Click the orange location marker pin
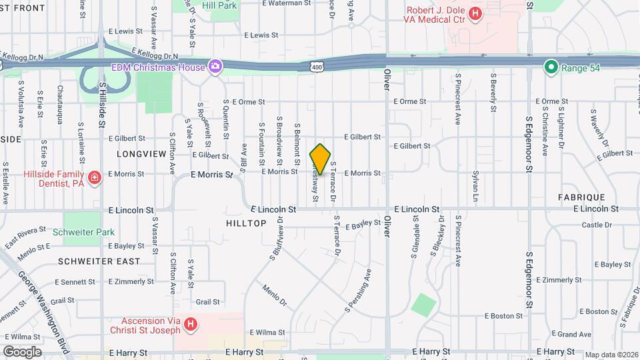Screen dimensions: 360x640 [321, 159]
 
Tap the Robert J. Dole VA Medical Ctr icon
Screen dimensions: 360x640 [475, 13]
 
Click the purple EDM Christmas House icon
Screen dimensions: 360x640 [215, 66]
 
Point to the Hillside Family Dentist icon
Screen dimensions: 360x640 [95, 177]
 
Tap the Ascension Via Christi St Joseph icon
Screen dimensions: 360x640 [191, 325]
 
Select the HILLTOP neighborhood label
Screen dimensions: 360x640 [246, 223]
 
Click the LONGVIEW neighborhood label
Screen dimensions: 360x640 [141, 154]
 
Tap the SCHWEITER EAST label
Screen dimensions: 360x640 [99, 261]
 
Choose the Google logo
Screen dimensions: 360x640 [22, 351]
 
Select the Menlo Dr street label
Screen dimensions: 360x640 [273, 295]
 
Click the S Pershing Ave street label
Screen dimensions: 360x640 [358, 291]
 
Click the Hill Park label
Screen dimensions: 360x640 [219, 5]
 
